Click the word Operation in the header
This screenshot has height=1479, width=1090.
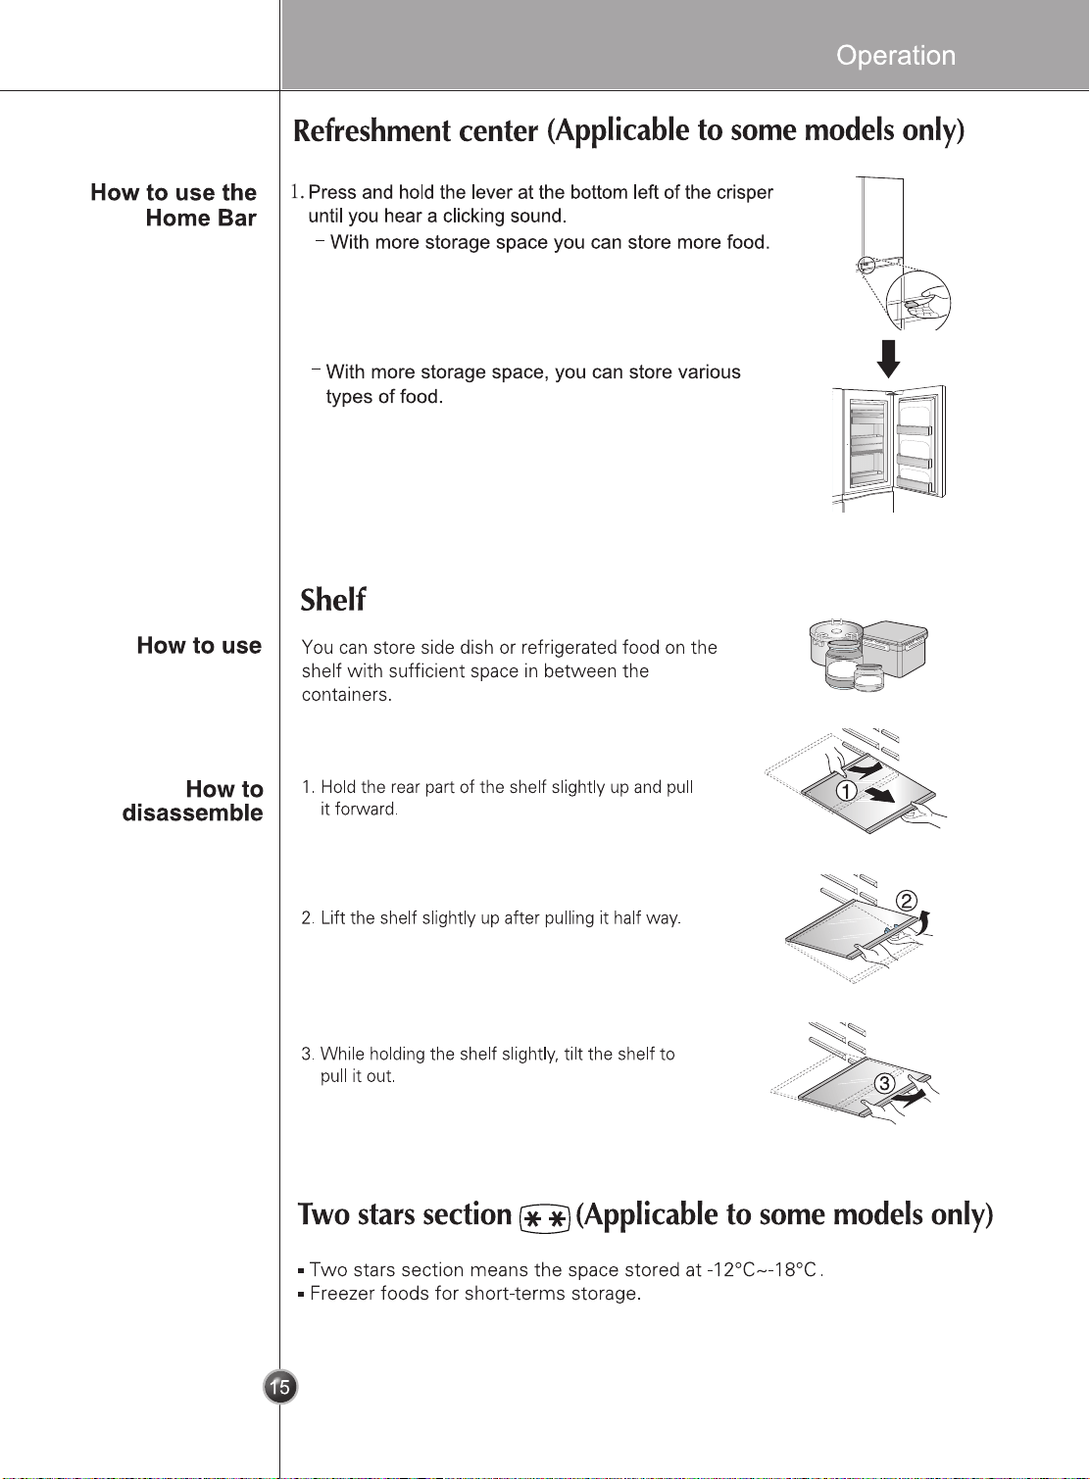[895, 56]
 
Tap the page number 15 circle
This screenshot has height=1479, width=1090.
[280, 1387]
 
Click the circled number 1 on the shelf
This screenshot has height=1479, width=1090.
[846, 790]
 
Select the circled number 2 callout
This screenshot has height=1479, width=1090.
[907, 902]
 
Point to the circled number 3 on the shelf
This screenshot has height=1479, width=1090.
[884, 1083]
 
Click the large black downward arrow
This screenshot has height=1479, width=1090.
[889, 359]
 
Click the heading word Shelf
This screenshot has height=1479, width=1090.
[332, 600]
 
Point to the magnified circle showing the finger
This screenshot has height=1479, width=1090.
[917, 301]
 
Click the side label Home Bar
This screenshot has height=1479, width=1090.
[201, 218]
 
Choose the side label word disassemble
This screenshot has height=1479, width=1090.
[193, 813]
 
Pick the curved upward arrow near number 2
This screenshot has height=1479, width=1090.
[924, 922]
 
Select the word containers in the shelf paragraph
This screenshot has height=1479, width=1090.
[346, 695]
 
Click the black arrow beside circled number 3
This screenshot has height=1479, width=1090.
[909, 1098]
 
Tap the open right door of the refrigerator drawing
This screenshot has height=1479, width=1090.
[917, 442]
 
